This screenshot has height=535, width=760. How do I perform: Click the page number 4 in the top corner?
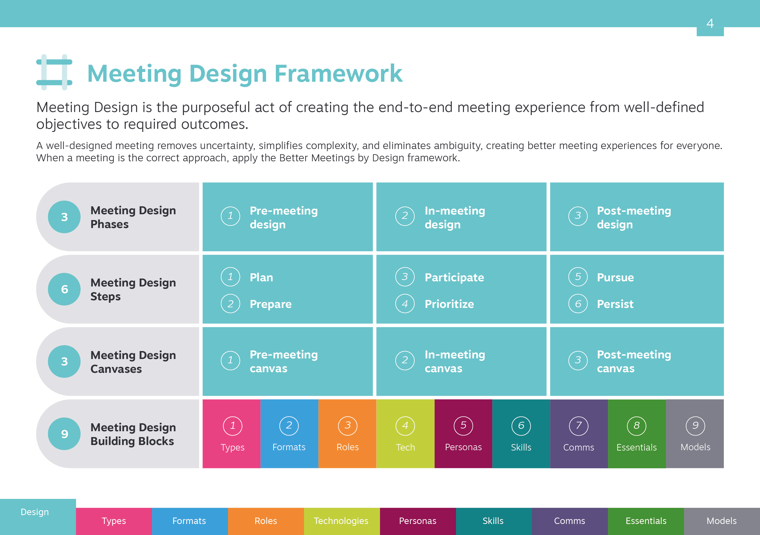point(710,23)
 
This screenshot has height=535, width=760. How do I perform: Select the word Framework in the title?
point(338,73)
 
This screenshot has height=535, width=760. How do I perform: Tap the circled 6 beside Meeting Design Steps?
point(64,289)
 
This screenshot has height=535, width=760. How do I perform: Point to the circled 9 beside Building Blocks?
point(64,433)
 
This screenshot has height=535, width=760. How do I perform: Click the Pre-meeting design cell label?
point(284,217)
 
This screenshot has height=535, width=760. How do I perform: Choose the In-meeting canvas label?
point(455,361)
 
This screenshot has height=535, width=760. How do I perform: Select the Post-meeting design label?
point(634,217)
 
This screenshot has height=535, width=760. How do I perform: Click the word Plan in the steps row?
point(261,277)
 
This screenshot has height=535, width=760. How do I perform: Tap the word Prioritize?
point(449,304)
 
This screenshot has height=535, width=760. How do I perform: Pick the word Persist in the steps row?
point(615,304)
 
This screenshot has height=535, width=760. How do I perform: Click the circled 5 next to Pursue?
point(578,276)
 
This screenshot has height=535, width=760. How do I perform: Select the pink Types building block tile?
point(231,433)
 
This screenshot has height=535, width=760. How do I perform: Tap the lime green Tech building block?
point(405,433)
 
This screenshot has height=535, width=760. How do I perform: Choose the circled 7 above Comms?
point(579,425)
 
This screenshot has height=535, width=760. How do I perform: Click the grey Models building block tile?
point(695,433)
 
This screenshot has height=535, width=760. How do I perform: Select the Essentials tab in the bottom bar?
point(646,521)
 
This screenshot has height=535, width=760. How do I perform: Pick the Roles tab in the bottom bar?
point(266,521)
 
